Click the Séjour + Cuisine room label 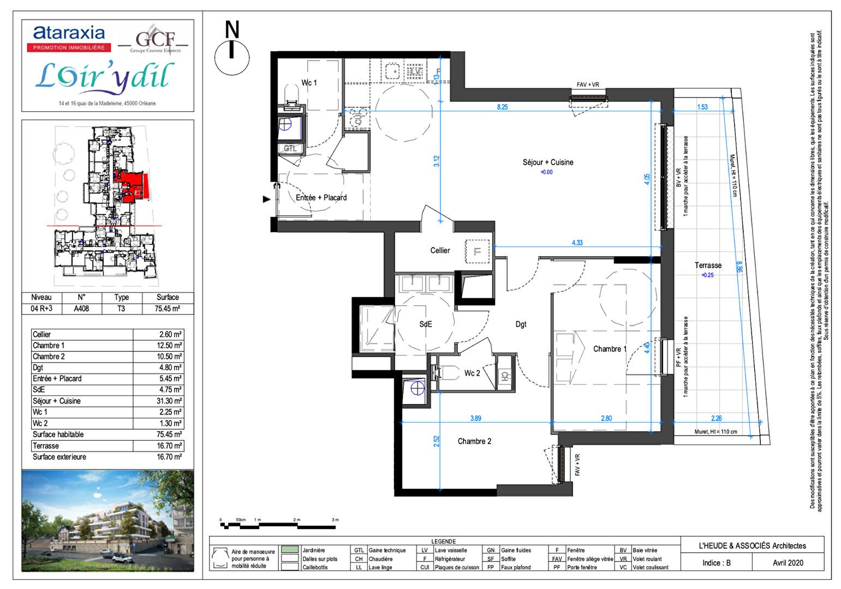click(547, 163)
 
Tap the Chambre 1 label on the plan click(610, 349)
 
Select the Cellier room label click(440, 251)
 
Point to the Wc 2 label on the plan click(472, 374)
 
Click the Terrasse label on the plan click(708, 266)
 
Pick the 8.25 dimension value click(502, 107)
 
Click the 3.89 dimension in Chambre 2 click(475, 418)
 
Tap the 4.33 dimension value click(577, 243)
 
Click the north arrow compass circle click(232, 57)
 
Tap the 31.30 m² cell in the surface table click(169, 401)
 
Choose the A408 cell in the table click(81, 309)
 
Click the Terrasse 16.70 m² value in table click(169, 446)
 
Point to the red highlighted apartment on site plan click(131, 186)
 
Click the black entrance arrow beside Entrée click(266, 199)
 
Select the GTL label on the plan click(290, 148)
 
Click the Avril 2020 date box click(788, 563)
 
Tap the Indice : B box click(716, 563)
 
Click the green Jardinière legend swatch click(290, 550)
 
